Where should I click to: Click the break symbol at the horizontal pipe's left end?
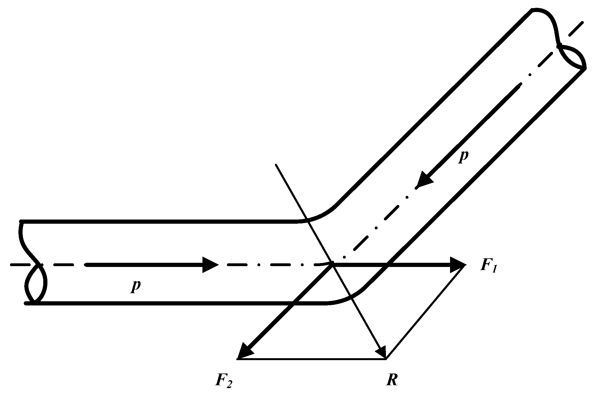(x=35, y=264)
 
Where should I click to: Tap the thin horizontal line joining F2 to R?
(x=312, y=359)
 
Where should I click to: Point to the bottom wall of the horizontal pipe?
(x=167, y=303)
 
